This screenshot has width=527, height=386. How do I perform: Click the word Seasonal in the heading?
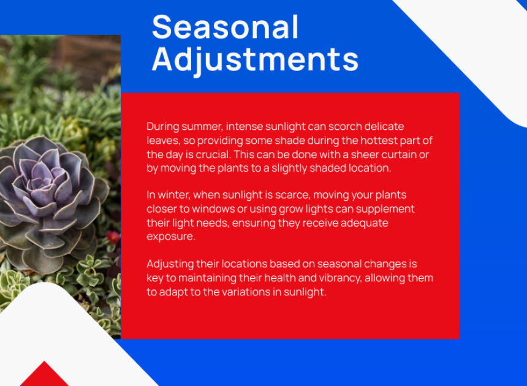(x=225, y=27)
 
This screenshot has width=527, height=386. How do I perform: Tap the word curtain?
(x=398, y=154)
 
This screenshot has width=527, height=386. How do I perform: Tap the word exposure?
(x=171, y=237)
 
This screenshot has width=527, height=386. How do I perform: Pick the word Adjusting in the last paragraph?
(x=170, y=265)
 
